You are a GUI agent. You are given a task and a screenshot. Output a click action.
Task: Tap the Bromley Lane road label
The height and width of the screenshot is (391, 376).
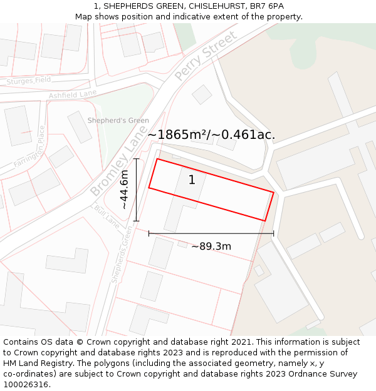[x=115, y=168]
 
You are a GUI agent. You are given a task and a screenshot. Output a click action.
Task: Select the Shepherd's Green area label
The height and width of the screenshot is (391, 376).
[x=118, y=121]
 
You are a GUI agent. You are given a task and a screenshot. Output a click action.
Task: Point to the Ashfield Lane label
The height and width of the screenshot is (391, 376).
[x=73, y=94]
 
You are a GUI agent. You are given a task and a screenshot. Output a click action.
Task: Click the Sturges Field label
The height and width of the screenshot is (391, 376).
[x=29, y=81]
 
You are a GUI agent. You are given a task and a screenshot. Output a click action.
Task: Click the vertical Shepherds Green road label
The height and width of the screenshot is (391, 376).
[x=122, y=255]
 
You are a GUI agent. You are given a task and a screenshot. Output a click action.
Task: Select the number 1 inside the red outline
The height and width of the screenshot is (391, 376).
[x=192, y=180]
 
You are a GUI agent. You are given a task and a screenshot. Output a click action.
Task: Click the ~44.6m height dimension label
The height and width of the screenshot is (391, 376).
[x=125, y=190]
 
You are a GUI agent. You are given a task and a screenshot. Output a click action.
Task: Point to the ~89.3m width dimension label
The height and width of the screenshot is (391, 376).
[x=211, y=246]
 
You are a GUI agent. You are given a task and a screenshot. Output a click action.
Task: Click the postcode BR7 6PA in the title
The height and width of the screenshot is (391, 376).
[x=266, y=6]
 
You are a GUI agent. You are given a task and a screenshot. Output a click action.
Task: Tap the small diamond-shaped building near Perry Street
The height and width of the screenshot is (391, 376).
[x=202, y=94]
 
